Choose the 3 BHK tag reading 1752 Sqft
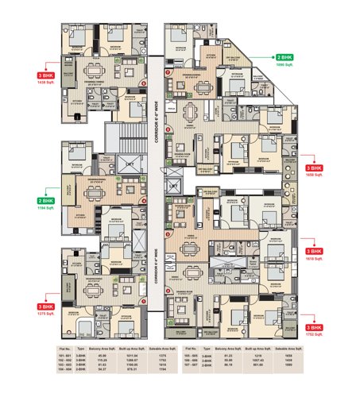click(x=313, y=328)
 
